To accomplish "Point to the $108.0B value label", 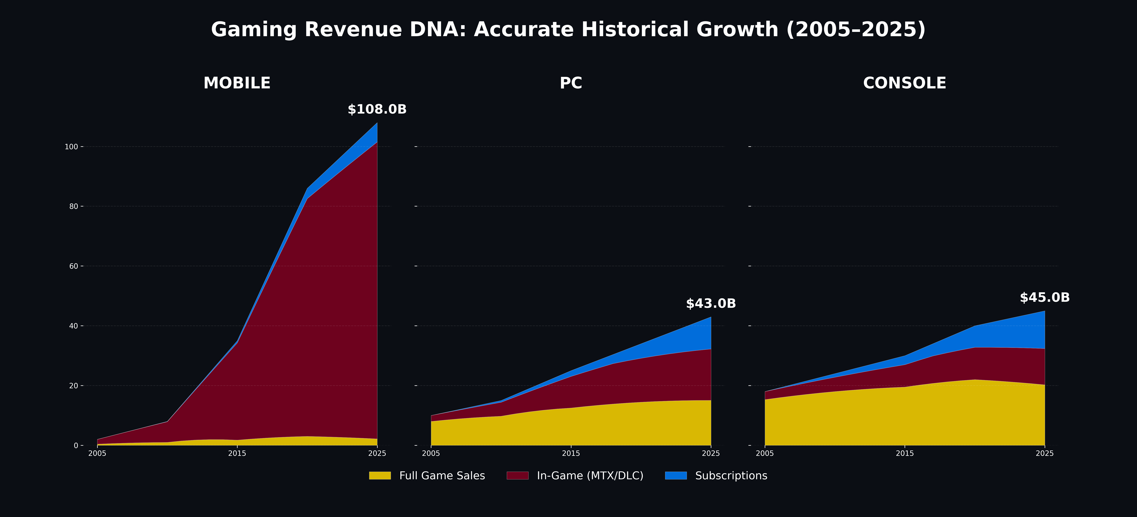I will click(x=377, y=109).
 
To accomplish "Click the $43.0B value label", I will click(x=711, y=304).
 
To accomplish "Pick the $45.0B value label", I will click(x=1044, y=298).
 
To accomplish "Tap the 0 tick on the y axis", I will click(x=76, y=445).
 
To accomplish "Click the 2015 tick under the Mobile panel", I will click(x=237, y=453).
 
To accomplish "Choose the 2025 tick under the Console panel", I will click(x=1044, y=453).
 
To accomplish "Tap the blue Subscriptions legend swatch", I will click(x=676, y=475).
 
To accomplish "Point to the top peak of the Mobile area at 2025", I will click(x=377, y=123).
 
